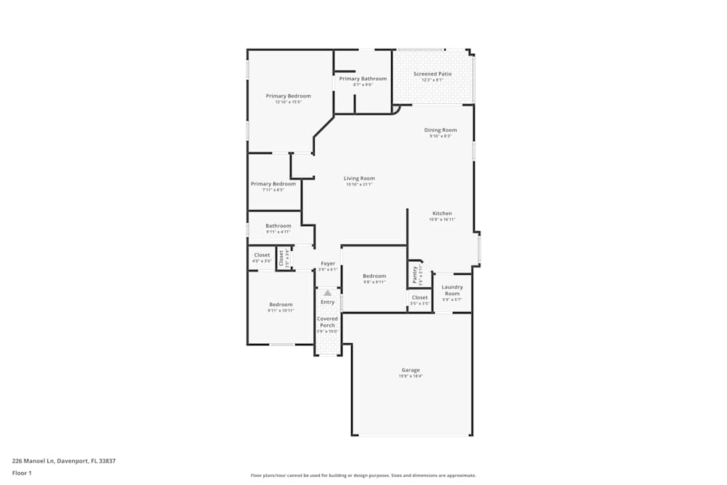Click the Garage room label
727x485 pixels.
pos(410,370)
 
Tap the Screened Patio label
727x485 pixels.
pos(433,74)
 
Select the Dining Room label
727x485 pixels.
pos(441,130)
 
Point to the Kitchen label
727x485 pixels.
pos(442,213)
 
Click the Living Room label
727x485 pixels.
pos(359,178)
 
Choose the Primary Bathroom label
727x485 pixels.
pos(363,79)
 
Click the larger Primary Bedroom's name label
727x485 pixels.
pos(288,96)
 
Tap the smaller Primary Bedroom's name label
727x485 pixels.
pos(273,184)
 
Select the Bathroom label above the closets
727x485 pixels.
pos(278,225)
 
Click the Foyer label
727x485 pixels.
pos(328,263)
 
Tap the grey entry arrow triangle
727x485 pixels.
pos(327,293)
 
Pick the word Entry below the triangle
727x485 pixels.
pos(328,302)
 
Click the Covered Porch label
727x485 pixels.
pos(327,321)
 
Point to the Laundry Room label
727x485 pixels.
pos(452,290)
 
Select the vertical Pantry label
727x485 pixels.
pos(415,274)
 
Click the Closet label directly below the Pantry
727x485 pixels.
pos(419,297)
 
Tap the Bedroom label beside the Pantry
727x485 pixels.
pos(374,276)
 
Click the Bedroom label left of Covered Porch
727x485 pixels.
pos(281,304)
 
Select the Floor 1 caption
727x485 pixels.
pos(22,473)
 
